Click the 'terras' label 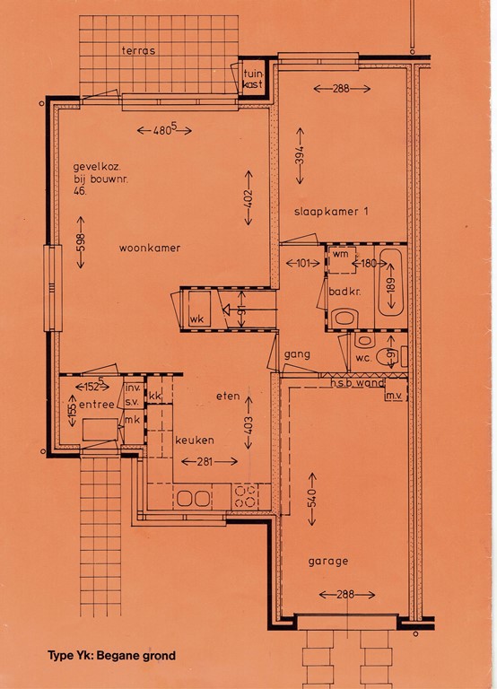pyautogui.click(x=138, y=50)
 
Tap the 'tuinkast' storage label pyautogui.click(x=253, y=78)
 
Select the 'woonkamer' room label pyautogui.click(x=150, y=248)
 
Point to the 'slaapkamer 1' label pyautogui.click(x=331, y=212)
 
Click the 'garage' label pyautogui.click(x=327, y=561)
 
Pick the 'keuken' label pyautogui.click(x=195, y=440)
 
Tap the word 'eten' pyautogui.click(x=228, y=396)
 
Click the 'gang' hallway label pyautogui.click(x=297, y=354)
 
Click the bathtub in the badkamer pyautogui.click(x=391, y=283)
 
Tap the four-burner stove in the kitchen pyautogui.click(x=245, y=496)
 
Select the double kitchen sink pyautogui.click(x=194, y=498)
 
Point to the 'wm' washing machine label pyautogui.click(x=340, y=254)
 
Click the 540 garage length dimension pyautogui.click(x=312, y=499)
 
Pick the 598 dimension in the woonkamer pyautogui.click(x=81, y=242)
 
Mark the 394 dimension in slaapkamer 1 pyautogui.click(x=301, y=156)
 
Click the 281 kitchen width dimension pyautogui.click(x=209, y=461)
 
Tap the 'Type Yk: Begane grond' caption pyautogui.click(x=111, y=656)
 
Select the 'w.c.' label pyautogui.click(x=364, y=358)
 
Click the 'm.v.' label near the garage pyautogui.click(x=394, y=396)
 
